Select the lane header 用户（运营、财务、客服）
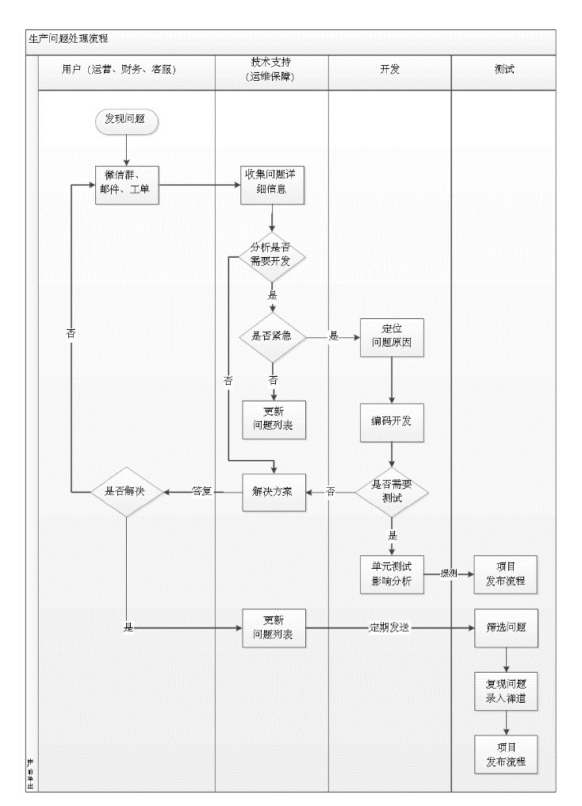pyautogui.click(x=119, y=69)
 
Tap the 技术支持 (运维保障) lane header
pyautogui.click(x=272, y=70)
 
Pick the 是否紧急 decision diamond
pyautogui.click(x=273, y=336)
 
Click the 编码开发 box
pyautogui.click(x=392, y=420)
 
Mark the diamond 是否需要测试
pyautogui.click(x=392, y=491)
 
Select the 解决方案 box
pyautogui.click(x=274, y=491)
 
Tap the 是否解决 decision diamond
pyautogui.click(x=127, y=491)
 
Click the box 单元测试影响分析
pyautogui.click(x=392, y=574)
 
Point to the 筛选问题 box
pyautogui.click(x=506, y=628)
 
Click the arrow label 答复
pyautogui.click(x=203, y=491)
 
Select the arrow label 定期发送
pyautogui.click(x=389, y=628)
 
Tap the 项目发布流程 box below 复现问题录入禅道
pyautogui.click(x=506, y=754)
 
